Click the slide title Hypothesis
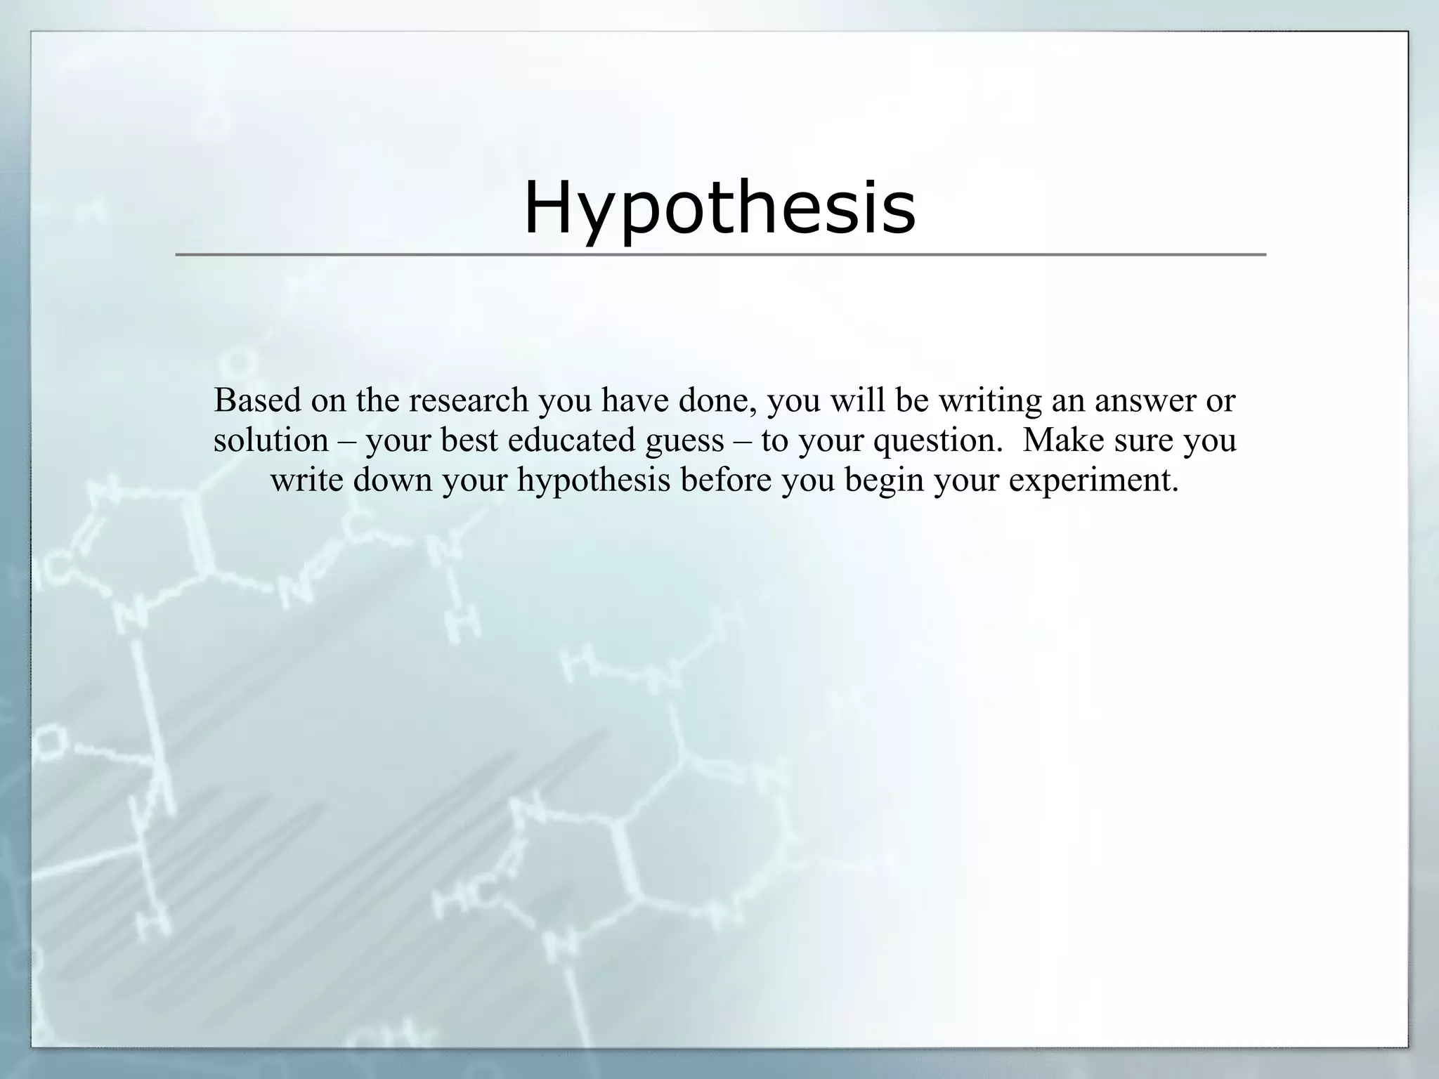click(x=719, y=207)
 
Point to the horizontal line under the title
click(x=719, y=254)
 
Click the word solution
click(x=271, y=440)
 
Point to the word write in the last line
click(x=307, y=480)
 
